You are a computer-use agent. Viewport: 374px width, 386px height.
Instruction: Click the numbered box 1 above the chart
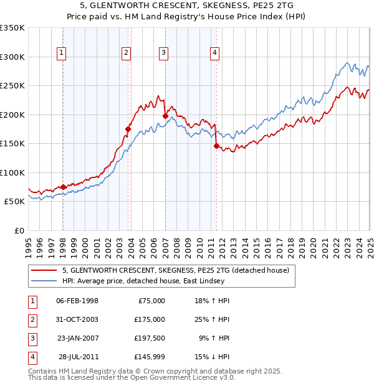pyautogui.click(x=62, y=54)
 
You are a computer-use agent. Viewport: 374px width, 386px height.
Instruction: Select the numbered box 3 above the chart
pyautogui.click(x=163, y=54)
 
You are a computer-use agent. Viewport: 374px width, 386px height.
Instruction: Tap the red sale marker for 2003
pyautogui.click(x=128, y=129)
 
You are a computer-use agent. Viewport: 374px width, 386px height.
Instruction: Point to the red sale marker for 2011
pyautogui.click(x=216, y=146)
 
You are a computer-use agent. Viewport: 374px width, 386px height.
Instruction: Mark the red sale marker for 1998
pyautogui.click(x=64, y=187)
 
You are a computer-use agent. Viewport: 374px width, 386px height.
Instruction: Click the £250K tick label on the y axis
pyautogui.click(x=12, y=86)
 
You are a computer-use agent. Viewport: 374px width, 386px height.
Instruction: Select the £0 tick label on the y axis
pyautogui.click(x=19, y=230)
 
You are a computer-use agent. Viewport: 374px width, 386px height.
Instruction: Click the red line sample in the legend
pyautogui.click(x=44, y=271)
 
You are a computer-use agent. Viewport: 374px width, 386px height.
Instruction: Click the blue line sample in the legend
pyautogui.click(x=44, y=281)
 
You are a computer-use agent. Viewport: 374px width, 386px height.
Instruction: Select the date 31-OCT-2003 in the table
pyautogui.click(x=77, y=319)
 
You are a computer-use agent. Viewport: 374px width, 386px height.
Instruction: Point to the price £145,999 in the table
pyautogui.click(x=150, y=357)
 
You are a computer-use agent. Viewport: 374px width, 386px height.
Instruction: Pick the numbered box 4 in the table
pyautogui.click(x=32, y=357)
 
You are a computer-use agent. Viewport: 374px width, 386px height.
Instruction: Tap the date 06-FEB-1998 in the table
pyautogui.click(x=77, y=301)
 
